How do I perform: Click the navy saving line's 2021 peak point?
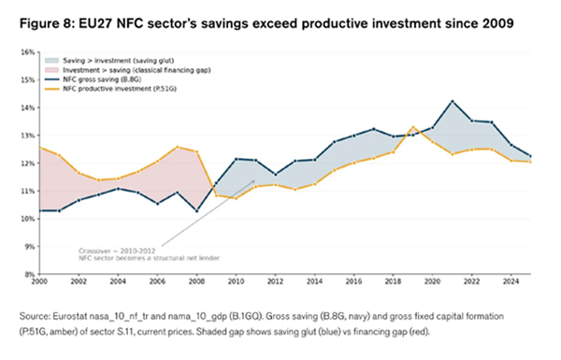(453, 101)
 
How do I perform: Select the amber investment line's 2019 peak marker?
(413, 127)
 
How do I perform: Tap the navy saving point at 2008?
(196, 211)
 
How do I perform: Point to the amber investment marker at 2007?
(178, 147)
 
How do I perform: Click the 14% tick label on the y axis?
(29, 108)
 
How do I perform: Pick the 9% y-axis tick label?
(30, 247)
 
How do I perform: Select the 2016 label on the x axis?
(353, 281)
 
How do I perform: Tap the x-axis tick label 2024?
(511, 281)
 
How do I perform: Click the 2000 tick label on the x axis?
(39, 281)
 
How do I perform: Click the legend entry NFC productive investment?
(110, 89)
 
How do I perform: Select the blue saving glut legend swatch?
(51, 61)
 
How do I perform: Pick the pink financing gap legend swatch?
(51, 70)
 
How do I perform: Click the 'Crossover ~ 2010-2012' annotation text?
(117, 252)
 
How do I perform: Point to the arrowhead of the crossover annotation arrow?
(253, 181)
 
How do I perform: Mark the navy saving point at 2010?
(237, 159)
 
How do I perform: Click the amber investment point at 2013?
(295, 190)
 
